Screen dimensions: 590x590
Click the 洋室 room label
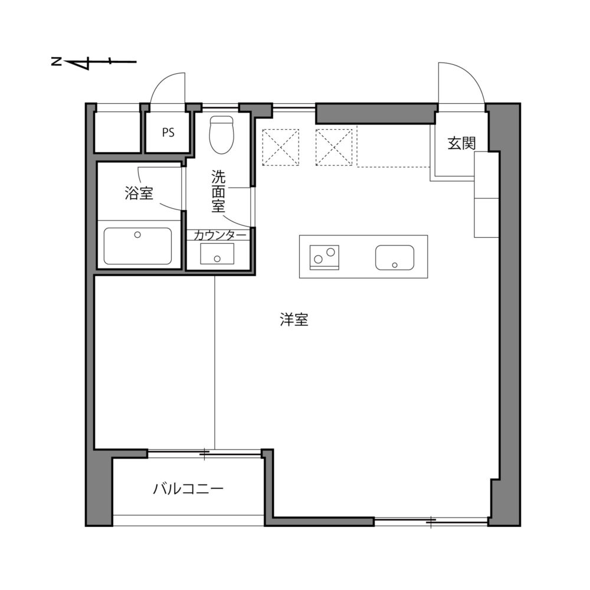coord(294,320)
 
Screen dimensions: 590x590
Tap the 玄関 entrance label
coord(461,143)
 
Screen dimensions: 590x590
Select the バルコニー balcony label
coord(188,489)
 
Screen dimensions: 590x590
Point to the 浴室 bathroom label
coord(139,193)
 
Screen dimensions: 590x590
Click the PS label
coord(168,133)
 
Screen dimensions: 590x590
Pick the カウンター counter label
coord(219,235)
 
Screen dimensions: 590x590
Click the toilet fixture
coord(222,134)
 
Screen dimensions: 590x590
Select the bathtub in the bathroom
coord(138,246)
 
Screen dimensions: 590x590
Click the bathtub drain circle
coord(138,235)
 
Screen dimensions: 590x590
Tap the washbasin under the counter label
coord(217,254)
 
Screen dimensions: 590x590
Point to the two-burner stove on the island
coord(325,256)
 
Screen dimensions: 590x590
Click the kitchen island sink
coord(395,257)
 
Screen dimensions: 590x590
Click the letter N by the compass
coord(55,61)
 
